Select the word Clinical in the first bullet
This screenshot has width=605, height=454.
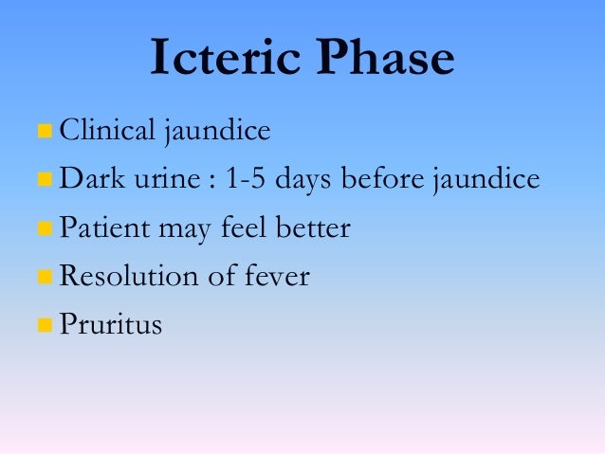coord(106,130)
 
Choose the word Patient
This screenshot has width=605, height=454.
coord(99,227)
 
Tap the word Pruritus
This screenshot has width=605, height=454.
coord(110,325)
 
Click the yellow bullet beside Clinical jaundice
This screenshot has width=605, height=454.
coord(44,131)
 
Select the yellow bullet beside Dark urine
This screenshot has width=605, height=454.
coord(44,179)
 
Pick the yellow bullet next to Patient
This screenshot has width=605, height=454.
coord(44,228)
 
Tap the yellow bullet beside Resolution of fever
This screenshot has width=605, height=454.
coord(44,278)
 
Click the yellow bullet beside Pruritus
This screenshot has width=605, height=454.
coord(44,326)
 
